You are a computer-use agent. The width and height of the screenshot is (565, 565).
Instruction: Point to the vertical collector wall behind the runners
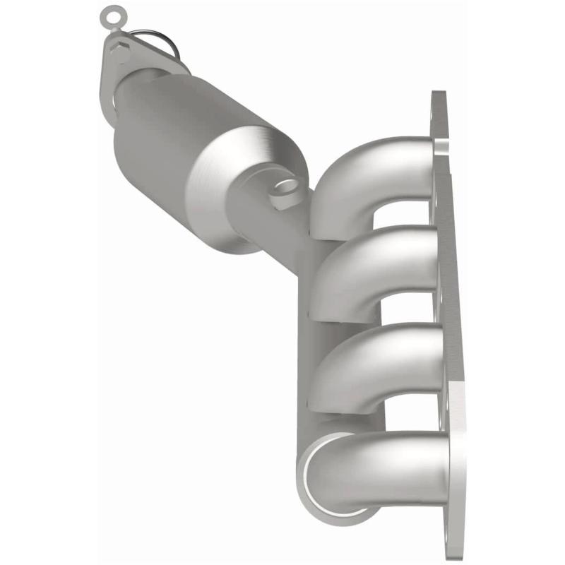pyautogui.click(x=318, y=332)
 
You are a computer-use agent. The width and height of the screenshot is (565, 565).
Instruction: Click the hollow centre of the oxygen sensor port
pyautogui.click(x=285, y=186)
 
